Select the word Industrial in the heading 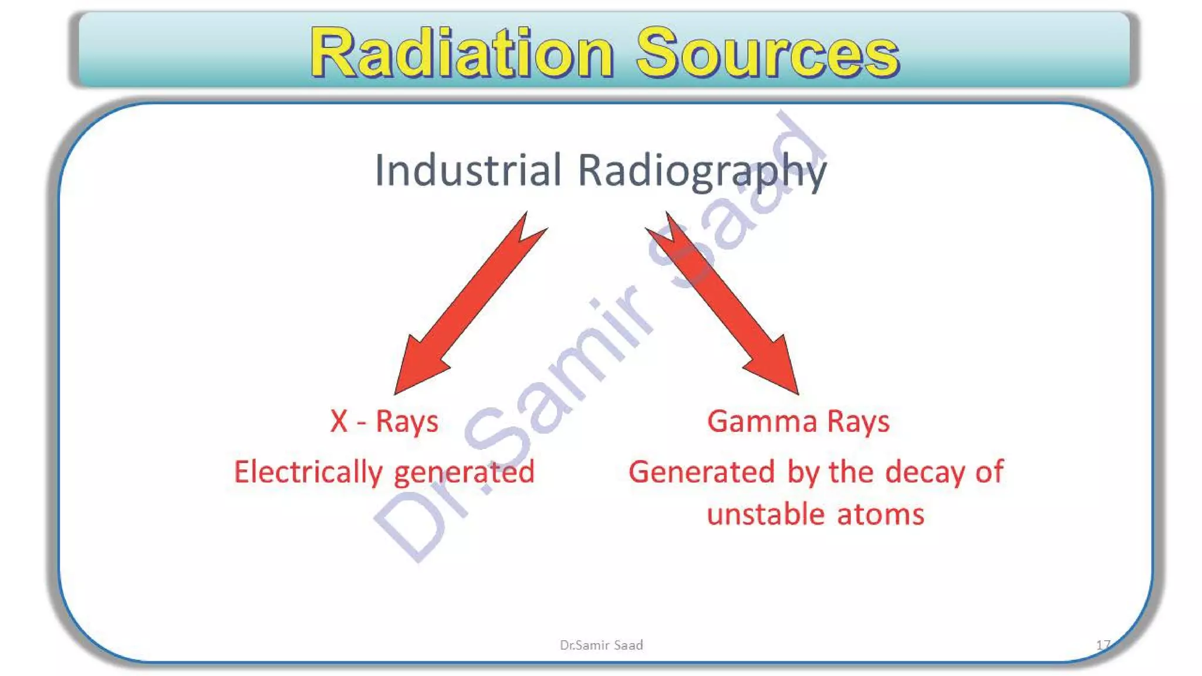point(468,170)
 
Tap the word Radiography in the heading point(702,171)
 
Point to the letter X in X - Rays point(339,421)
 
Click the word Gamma point(762,421)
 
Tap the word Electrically point(308,472)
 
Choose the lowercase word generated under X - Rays point(464,474)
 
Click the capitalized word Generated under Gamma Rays point(701,472)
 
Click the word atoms point(880,514)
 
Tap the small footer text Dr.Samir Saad point(601,645)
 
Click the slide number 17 point(1103,645)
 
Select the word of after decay point(989,472)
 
